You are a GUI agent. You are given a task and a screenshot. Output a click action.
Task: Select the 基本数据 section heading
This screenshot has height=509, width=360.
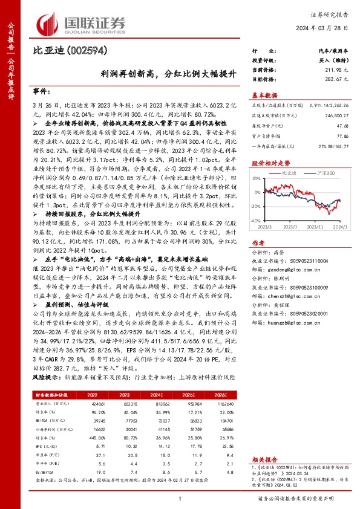coord(264,95)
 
